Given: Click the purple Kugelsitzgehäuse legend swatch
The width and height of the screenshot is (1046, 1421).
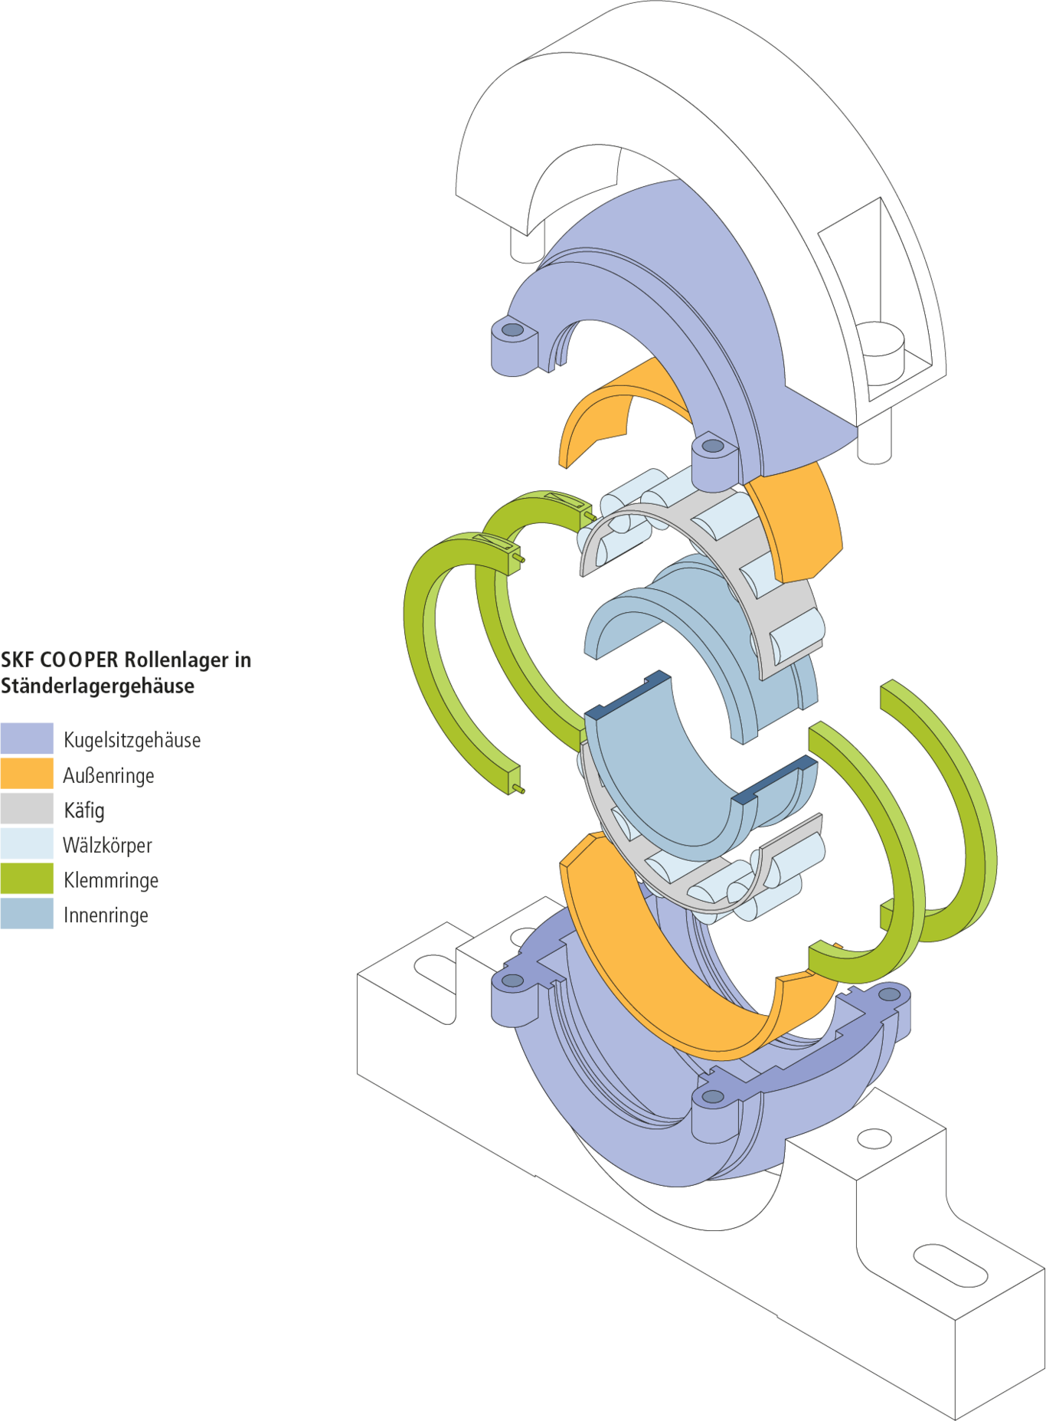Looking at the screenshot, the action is point(27,738).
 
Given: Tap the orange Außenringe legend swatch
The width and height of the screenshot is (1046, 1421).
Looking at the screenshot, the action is point(27,774).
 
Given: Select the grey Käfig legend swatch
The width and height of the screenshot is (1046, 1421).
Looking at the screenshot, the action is point(27,808).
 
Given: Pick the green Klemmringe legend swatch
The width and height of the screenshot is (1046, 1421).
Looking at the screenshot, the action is point(27,879).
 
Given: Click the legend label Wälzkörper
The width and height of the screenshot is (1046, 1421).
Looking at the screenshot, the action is point(107,845).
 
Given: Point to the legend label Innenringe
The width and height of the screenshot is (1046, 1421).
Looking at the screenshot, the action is point(106,915).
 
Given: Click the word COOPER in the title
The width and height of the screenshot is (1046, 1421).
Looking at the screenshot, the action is point(79,660).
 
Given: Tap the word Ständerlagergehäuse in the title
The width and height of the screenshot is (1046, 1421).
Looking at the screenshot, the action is point(97,686).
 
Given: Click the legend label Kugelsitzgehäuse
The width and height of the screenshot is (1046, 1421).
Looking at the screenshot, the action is point(132,740).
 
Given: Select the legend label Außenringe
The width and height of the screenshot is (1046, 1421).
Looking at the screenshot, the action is point(109,775).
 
